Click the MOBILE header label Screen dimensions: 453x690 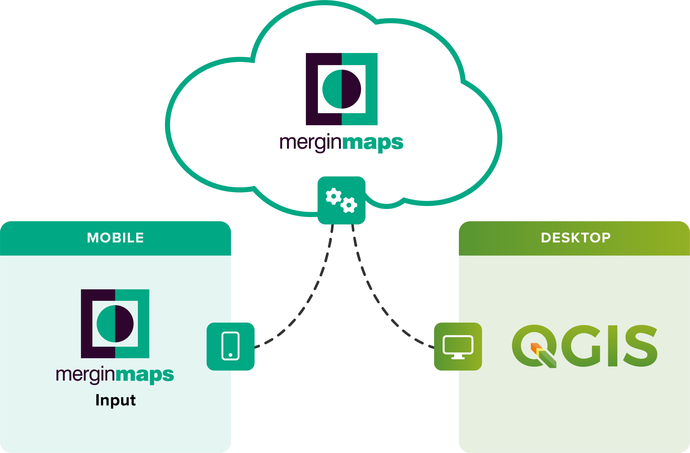(x=115, y=238)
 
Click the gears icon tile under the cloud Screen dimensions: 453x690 (x=341, y=200)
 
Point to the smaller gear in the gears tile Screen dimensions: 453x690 (x=349, y=205)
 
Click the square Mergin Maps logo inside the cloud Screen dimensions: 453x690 (x=341, y=89)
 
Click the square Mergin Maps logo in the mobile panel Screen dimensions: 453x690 (x=115, y=324)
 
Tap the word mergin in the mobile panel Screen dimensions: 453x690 (x=86, y=375)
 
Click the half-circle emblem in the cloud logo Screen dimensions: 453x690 (x=341, y=89)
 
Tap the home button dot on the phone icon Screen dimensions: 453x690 (x=230, y=355)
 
